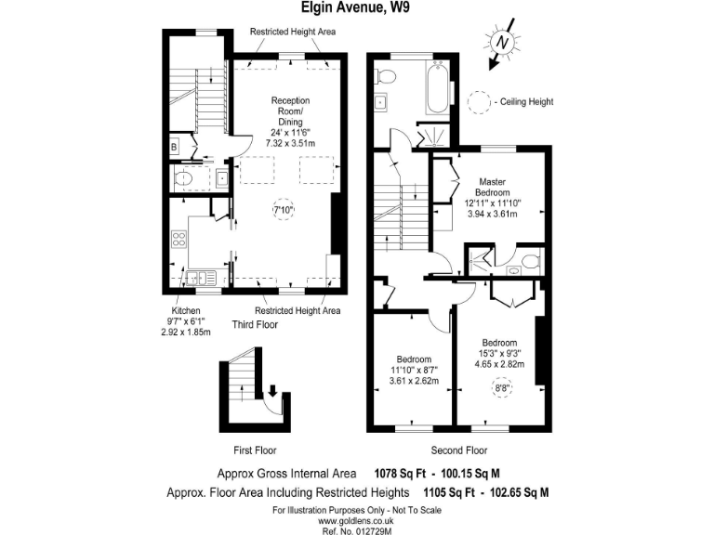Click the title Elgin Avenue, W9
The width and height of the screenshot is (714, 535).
point(356,8)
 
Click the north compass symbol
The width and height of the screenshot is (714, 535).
point(502,43)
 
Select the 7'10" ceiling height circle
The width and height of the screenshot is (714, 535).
point(283,211)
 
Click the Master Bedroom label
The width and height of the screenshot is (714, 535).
point(493,187)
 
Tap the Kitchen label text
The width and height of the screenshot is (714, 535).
point(186,310)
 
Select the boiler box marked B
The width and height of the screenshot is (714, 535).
point(174,147)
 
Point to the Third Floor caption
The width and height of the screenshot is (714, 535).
point(255,325)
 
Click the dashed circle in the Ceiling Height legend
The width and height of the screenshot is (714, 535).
point(480,100)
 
